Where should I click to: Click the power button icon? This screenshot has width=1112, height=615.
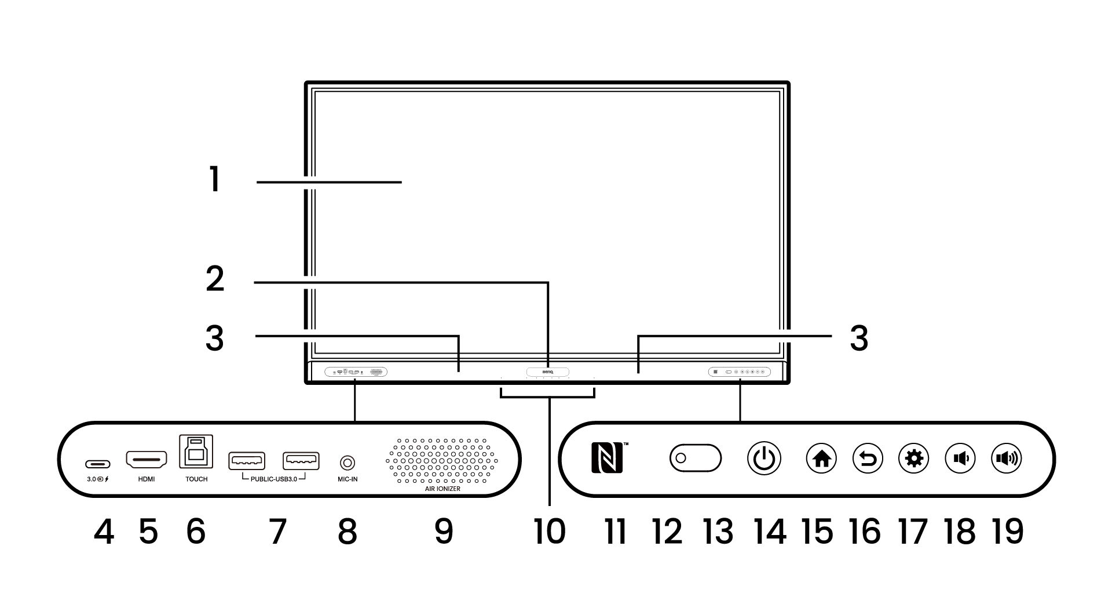[764, 459]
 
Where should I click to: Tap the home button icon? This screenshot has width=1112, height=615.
[821, 459]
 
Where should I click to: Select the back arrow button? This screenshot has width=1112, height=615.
[868, 459]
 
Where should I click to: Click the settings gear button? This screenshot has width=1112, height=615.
[914, 459]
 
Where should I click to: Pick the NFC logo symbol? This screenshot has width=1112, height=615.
[607, 458]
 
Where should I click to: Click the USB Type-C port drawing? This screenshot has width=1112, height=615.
[98, 464]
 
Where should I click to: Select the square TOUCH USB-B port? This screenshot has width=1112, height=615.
[196, 452]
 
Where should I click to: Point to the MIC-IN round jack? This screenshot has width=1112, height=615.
[347, 462]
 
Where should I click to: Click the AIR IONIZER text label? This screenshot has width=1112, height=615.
[442, 489]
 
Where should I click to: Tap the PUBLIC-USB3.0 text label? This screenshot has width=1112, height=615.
[273, 480]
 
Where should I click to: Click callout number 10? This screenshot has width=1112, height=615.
[549, 532]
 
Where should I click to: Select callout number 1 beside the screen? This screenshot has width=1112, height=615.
[215, 180]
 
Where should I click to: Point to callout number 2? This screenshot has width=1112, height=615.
[215, 280]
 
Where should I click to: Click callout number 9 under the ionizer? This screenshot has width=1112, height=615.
[444, 532]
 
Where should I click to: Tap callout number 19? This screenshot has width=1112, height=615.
[1008, 532]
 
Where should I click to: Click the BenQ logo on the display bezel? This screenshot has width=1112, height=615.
[547, 372]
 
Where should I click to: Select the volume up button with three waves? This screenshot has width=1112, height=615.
[1007, 459]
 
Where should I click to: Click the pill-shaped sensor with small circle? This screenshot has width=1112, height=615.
[695, 458]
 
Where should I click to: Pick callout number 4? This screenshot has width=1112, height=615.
[104, 532]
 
